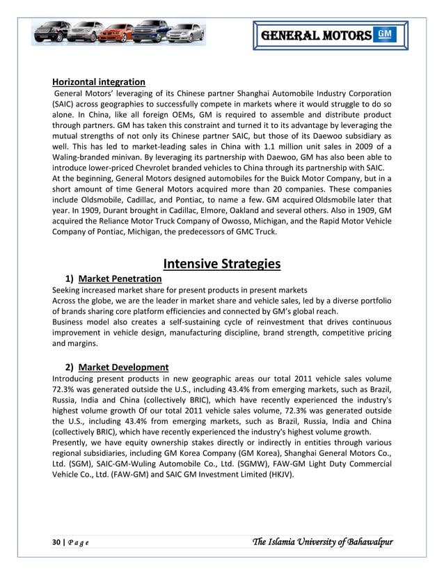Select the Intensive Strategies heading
click(221, 263)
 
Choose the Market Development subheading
click(123, 367)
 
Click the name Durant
click(106, 210)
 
